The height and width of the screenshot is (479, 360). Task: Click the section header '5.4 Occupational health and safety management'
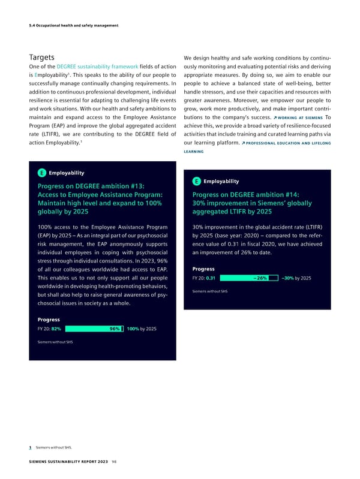click(x=70, y=25)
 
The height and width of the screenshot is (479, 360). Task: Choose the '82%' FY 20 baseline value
click(x=56, y=329)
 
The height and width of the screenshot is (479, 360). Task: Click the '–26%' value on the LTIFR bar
click(x=260, y=278)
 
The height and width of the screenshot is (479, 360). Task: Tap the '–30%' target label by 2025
click(x=287, y=278)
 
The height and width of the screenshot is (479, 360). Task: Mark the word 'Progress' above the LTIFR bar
click(x=203, y=268)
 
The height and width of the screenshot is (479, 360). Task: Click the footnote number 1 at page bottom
click(x=30, y=447)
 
